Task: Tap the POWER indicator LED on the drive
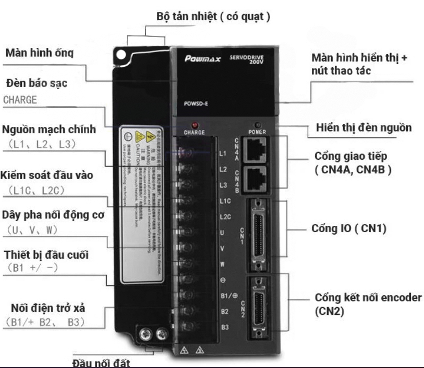point(257,125)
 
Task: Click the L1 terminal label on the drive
point(223,154)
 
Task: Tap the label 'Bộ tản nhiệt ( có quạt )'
point(213,16)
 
